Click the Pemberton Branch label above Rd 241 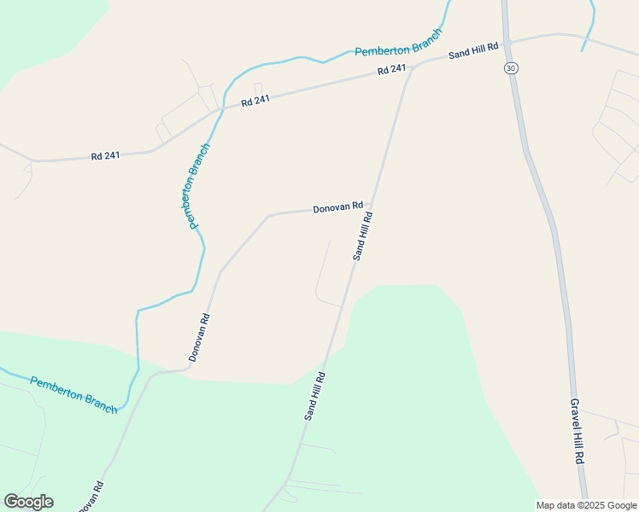(399, 44)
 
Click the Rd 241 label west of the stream (106, 156)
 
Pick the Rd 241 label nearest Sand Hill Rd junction (391, 70)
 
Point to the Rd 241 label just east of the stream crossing (255, 100)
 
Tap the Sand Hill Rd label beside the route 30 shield (472, 52)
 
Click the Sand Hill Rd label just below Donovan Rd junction (363, 237)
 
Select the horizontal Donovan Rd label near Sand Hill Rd (337, 207)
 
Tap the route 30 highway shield (511, 67)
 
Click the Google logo (28, 502)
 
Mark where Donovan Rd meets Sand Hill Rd (372, 207)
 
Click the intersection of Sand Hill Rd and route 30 (507, 41)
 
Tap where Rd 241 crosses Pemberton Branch (222, 108)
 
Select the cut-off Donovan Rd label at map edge (91, 497)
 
